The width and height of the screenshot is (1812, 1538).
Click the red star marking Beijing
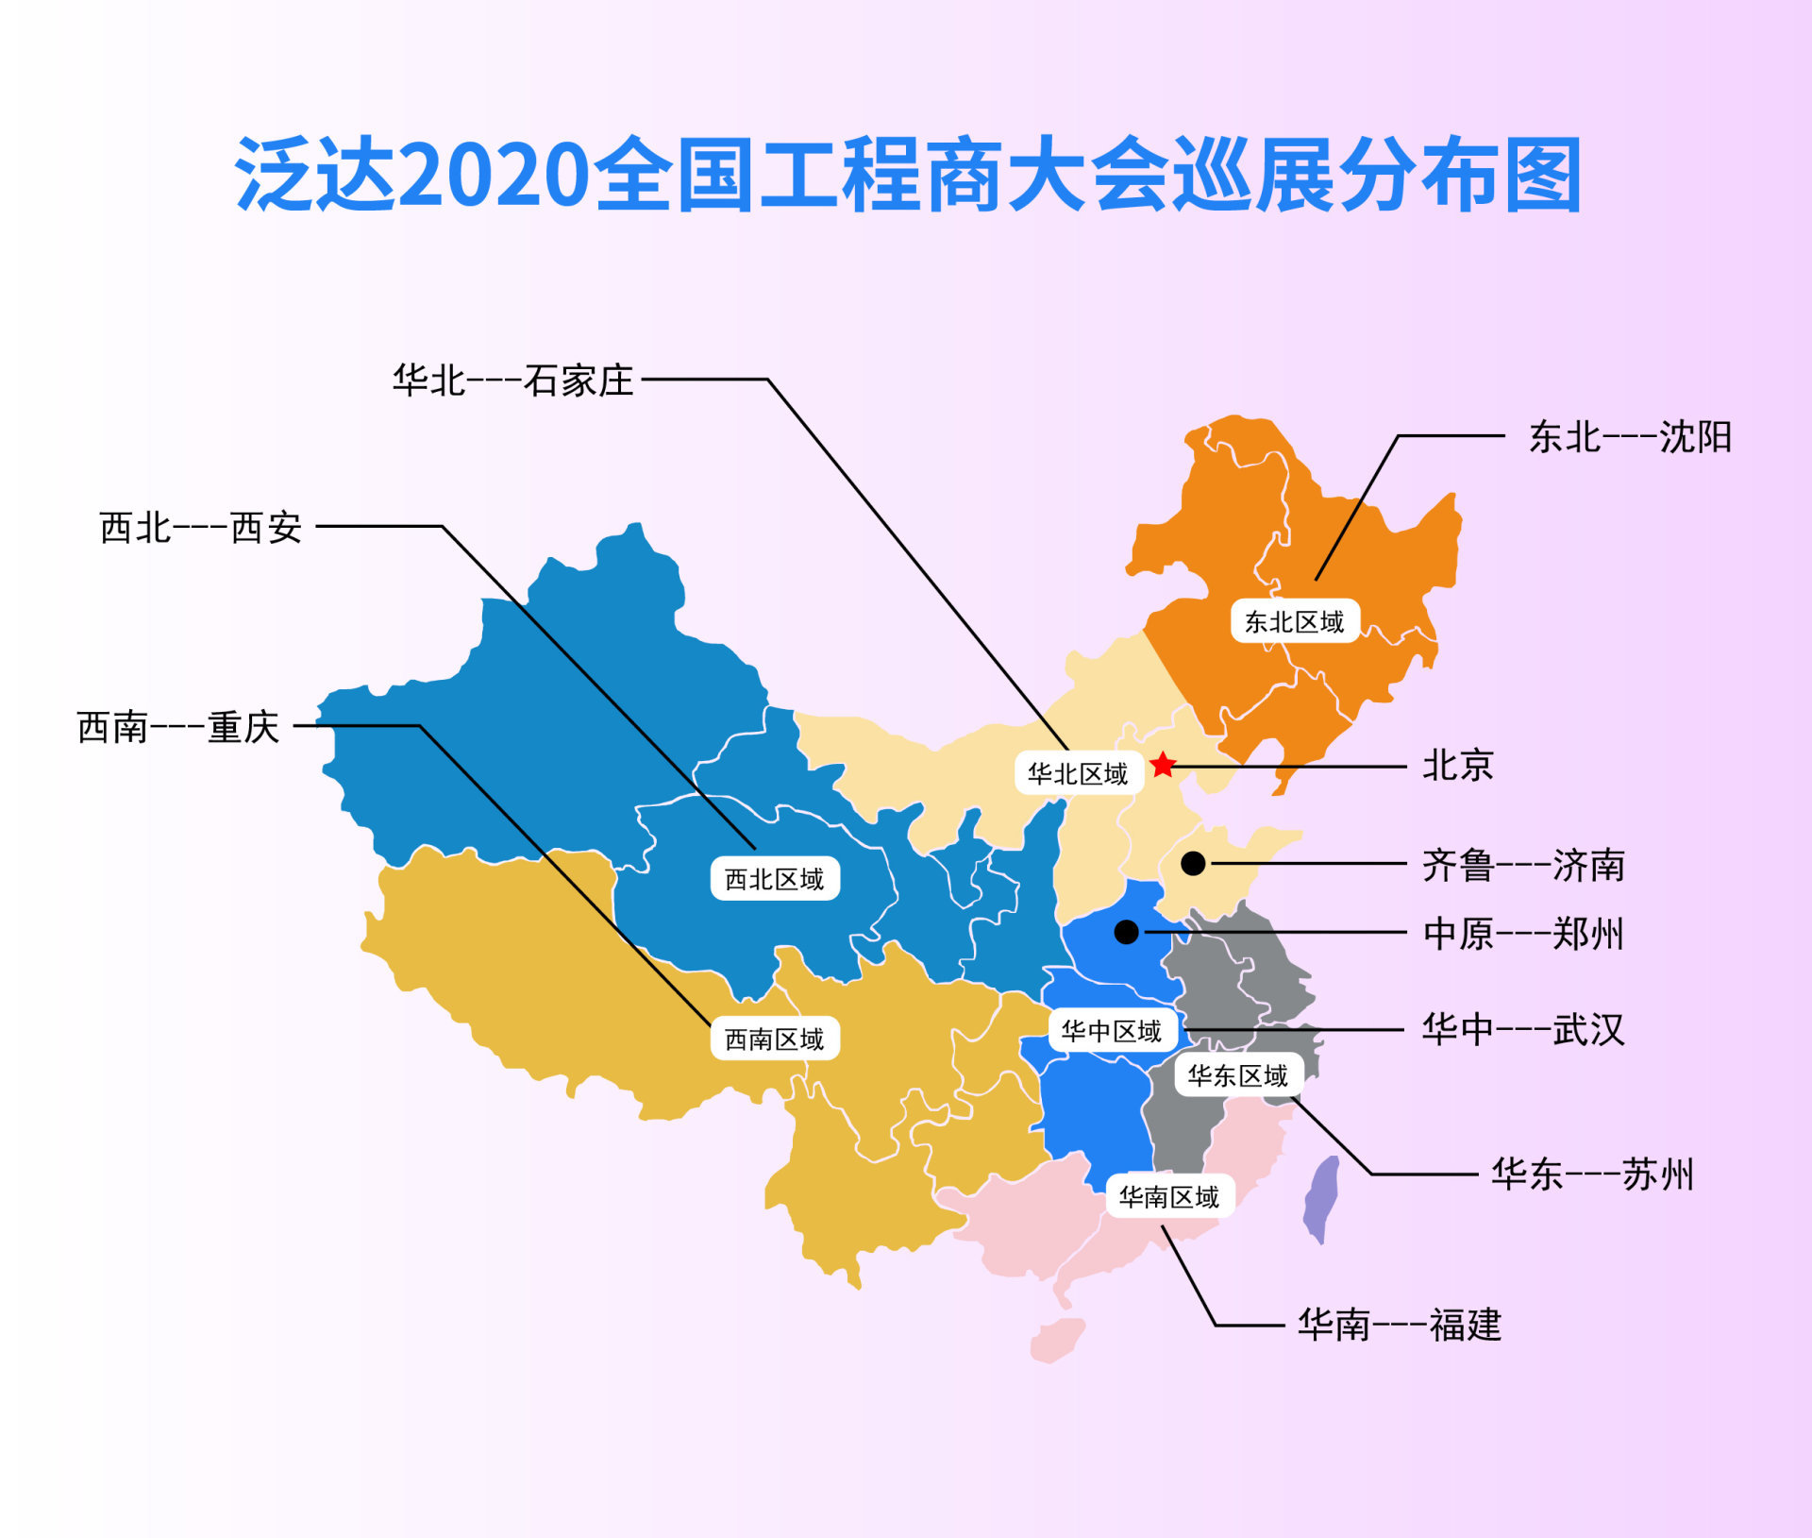[x=1163, y=765]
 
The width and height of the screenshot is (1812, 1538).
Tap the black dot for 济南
[x=1193, y=863]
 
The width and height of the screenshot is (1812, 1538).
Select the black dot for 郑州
[x=1126, y=932]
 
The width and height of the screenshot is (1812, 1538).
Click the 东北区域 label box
[x=1295, y=621]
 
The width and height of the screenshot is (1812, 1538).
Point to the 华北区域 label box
[x=1079, y=773]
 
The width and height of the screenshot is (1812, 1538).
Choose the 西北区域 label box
[x=775, y=878]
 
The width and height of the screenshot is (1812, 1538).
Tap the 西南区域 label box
[x=775, y=1039]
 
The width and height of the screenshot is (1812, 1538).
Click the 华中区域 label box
[x=1113, y=1030]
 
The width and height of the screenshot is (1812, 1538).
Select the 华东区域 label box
[x=1238, y=1074]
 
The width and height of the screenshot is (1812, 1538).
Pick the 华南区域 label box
[x=1170, y=1196]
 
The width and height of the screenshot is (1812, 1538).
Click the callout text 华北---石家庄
[x=512, y=380]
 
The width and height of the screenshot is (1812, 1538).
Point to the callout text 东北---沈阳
[x=1630, y=437]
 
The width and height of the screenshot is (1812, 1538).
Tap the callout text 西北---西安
[x=201, y=528]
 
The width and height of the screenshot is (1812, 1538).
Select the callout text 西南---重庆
[x=178, y=727]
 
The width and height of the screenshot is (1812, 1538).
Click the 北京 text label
[x=1458, y=765]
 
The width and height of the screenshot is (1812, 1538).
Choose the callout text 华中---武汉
[x=1523, y=1029]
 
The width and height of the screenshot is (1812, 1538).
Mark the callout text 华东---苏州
[x=1592, y=1174]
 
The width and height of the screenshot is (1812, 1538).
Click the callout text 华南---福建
[x=1400, y=1325]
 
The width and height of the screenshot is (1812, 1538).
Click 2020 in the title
[x=495, y=175]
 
